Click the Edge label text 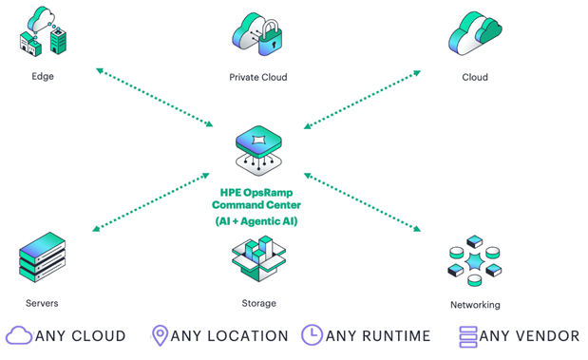coord(43,77)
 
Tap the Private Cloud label coord(258,77)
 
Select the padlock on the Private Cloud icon coord(270,38)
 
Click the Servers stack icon coord(43,257)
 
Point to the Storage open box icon coord(258,258)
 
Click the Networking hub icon coord(475,261)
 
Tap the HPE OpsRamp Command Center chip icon coord(258,150)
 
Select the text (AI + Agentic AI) coord(256,221)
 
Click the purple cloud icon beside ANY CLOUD coord(19,335)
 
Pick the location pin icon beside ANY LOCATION coord(161,335)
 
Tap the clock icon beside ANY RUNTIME coord(312,335)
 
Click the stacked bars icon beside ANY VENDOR coord(468,337)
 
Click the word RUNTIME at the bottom coord(396,336)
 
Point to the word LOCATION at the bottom coord(248,336)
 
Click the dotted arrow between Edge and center coord(155,97)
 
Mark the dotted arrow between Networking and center coord(362,202)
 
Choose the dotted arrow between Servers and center coord(151,202)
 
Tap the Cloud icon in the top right coord(475,33)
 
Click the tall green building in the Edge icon coord(58,41)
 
